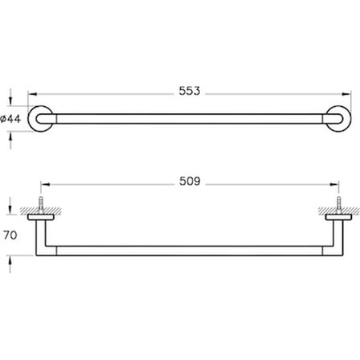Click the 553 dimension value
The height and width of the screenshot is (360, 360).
[190, 91]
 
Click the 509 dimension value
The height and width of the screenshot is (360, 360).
[190, 182]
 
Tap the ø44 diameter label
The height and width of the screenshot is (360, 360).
[10, 118]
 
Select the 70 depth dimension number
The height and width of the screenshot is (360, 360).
[10, 235]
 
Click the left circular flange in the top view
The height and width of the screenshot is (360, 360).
[30, 119]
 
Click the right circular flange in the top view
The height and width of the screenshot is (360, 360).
[350, 119]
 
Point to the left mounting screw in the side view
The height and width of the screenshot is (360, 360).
[41, 205]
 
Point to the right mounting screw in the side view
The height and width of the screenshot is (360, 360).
[339, 205]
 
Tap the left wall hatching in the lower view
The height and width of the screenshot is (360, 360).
[40, 211]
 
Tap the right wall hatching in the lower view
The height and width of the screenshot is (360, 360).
[339, 211]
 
